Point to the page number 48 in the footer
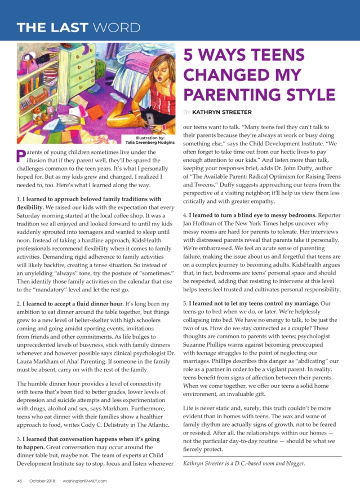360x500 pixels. [19, 481]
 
